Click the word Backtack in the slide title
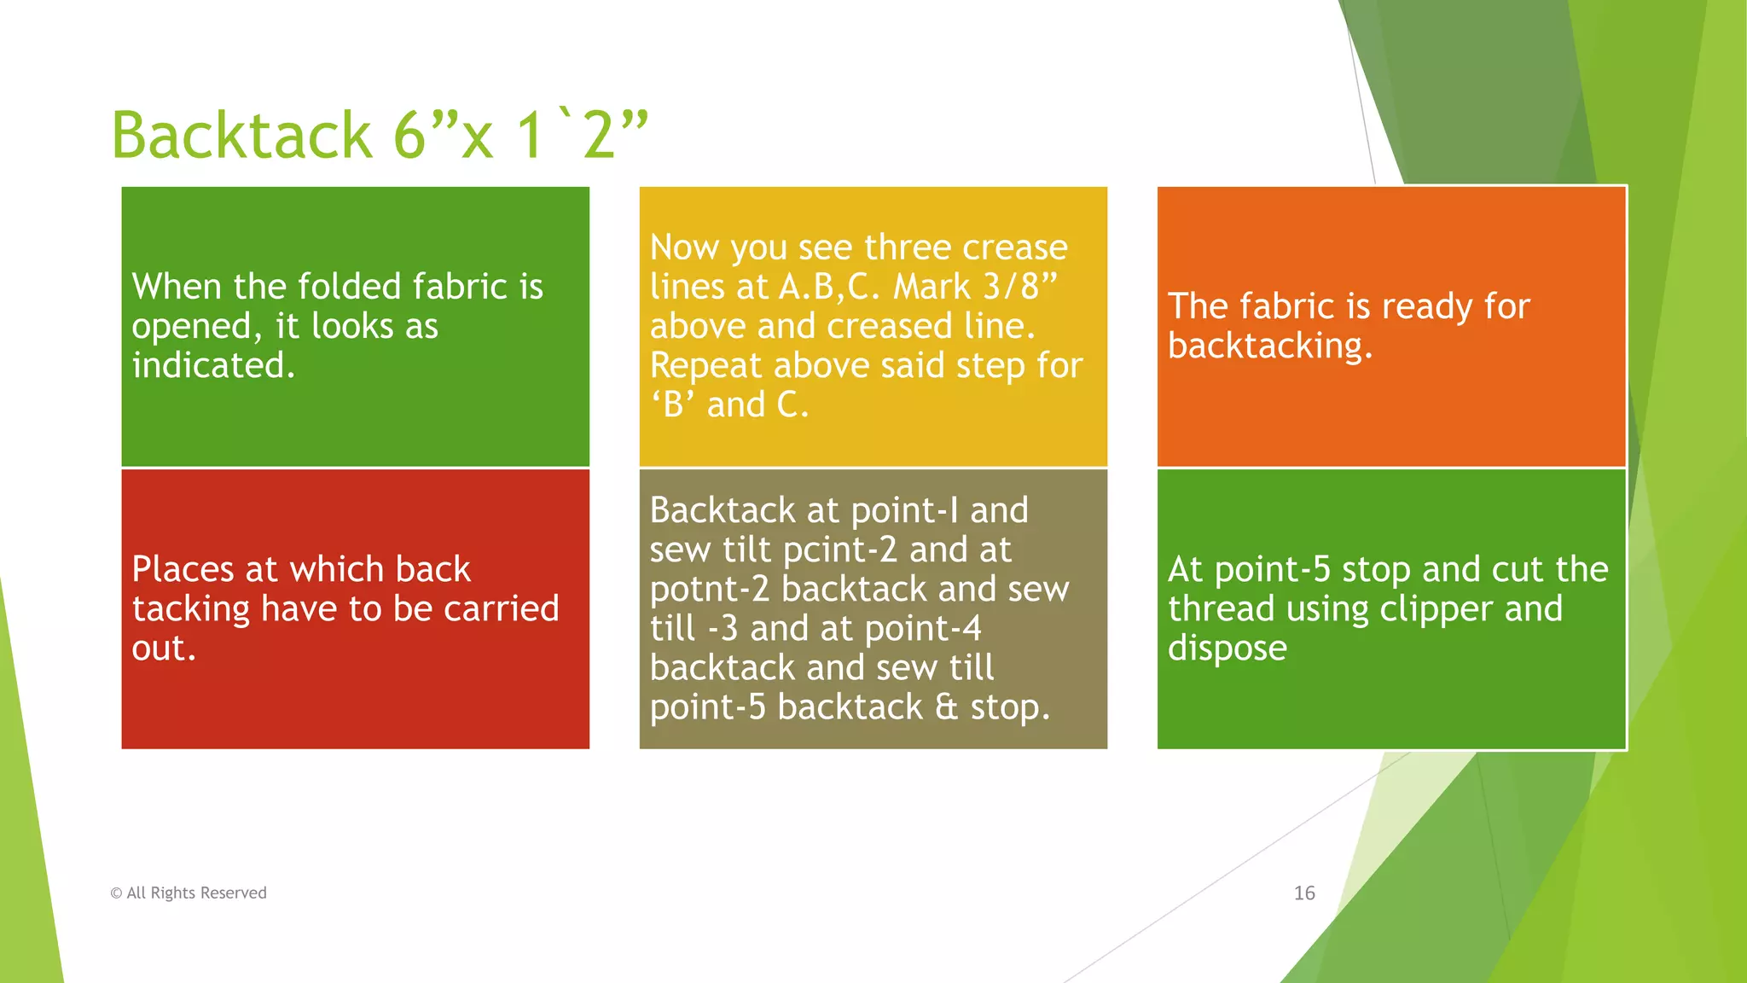pyautogui.click(x=241, y=135)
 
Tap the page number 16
pyautogui.click(x=1303, y=893)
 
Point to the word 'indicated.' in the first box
pyautogui.click(x=213, y=365)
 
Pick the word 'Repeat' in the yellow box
pyautogui.click(x=705, y=365)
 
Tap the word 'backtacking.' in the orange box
pyautogui.click(x=1270, y=346)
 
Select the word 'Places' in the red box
pyautogui.click(x=182, y=569)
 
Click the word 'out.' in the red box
pyautogui.click(x=164, y=649)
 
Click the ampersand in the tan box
pyautogui.click(x=946, y=707)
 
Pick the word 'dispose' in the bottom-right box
pyautogui.click(x=1227, y=649)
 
